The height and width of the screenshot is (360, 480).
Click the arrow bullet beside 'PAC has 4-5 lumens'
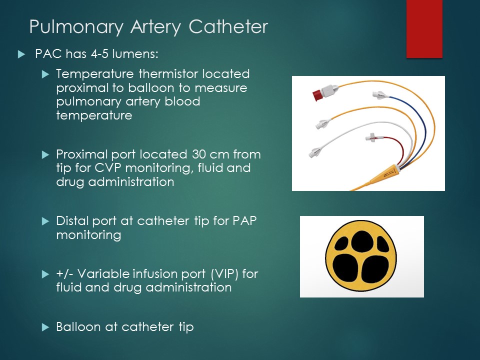point(20,54)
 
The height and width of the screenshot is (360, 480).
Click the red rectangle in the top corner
point(424,28)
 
